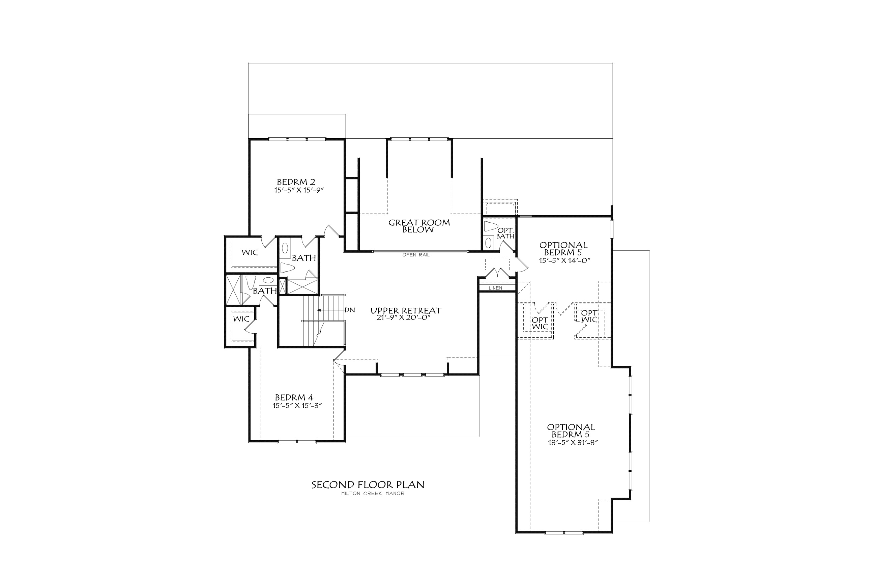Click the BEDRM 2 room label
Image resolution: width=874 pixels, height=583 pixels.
coord(296,182)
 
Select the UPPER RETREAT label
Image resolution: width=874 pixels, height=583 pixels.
coord(406,310)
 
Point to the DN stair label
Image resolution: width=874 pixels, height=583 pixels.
coord(350,310)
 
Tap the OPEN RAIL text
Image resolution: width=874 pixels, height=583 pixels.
coord(416,255)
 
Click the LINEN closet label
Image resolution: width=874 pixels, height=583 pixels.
coord(495,288)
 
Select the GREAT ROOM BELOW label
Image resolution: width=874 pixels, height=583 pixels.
coord(419,226)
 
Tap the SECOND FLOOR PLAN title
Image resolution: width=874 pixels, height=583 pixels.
coord(368,485)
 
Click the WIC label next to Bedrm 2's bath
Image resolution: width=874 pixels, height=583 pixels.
coord(250,253)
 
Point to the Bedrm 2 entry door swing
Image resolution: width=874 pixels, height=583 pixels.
coord(333,231)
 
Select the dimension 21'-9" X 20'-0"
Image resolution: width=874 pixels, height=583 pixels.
coord(405,317)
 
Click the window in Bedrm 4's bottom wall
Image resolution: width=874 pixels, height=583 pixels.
coord(297,441)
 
